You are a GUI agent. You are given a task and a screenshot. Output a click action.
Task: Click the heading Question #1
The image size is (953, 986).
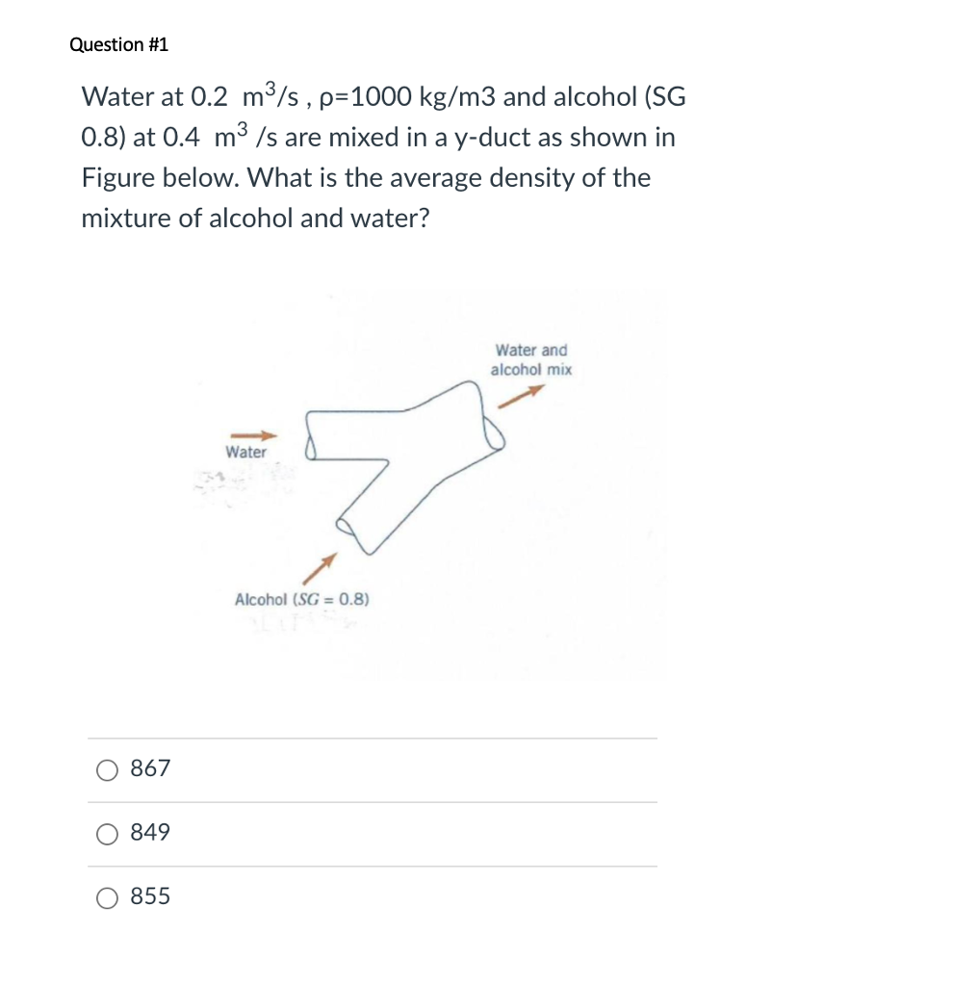[119, 45]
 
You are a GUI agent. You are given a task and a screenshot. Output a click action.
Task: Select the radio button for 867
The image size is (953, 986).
[106, 769]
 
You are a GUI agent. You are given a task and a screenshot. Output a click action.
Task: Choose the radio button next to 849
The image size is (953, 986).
[106, 833]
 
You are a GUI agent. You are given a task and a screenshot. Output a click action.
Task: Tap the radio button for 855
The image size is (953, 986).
[106, 897]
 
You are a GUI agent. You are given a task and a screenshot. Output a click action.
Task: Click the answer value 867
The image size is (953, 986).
[150, 768]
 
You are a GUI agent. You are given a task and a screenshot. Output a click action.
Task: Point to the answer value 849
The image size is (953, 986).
[150, 832]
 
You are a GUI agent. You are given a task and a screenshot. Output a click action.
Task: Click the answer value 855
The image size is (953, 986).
[150, 896]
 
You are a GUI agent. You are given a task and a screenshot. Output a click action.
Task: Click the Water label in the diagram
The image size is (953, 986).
[246, 452]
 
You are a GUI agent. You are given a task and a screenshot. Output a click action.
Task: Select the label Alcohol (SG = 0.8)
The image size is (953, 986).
[301, 599]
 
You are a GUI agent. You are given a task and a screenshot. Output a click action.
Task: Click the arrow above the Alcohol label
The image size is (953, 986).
[321, 569]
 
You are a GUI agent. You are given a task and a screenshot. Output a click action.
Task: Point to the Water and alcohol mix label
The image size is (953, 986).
[531, 360]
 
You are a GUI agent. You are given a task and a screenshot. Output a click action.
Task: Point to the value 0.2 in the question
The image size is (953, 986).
[211, 96]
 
